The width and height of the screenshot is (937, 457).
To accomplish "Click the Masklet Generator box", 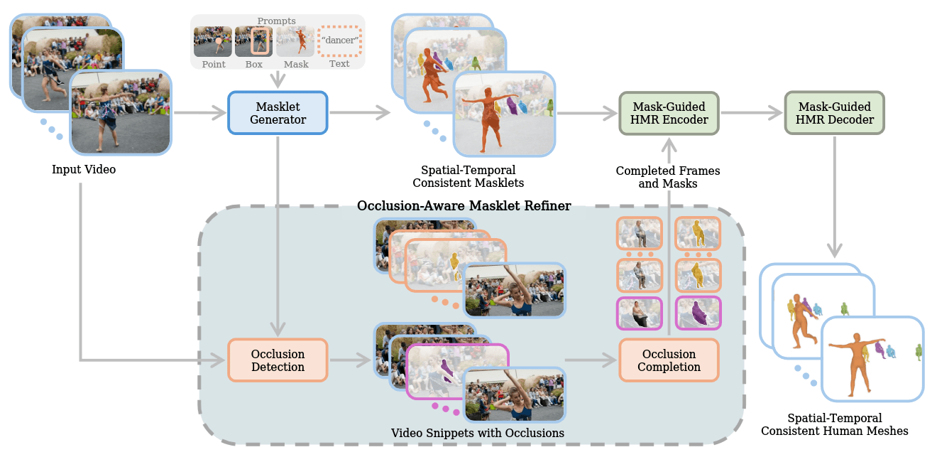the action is click(x=278, y=113).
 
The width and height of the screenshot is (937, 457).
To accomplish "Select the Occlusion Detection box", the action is click(x=278, y=360).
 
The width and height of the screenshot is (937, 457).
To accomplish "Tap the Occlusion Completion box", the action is click(x=669, y=360).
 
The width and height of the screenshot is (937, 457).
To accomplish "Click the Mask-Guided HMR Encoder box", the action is click(x=669, y=113).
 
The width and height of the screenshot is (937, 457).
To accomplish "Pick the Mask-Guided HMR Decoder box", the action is click(x=835, y=113).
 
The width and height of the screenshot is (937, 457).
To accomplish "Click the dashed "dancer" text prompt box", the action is click(x=339, y=41).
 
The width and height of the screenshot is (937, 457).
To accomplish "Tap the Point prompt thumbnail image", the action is click(x=212, y=41).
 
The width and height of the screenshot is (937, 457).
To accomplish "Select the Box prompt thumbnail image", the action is click(x=253, y=41).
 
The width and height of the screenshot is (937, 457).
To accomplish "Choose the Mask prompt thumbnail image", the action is click(x=295, y=41).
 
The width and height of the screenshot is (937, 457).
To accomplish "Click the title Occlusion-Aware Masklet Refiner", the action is click(x=464, y=205).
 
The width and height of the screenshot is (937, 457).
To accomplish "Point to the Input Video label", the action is click(x=84, y=169).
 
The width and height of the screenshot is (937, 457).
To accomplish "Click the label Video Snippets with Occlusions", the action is click(x=477, y=433).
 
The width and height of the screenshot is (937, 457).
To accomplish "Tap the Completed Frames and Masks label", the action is click(x=668, y=177).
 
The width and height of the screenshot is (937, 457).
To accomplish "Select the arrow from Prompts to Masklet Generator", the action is click(x=278, y=79).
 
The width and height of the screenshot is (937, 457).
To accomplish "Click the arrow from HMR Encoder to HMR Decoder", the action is click(x=752, y=113).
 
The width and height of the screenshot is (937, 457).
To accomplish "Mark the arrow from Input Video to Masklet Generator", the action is click(x=200, y=113).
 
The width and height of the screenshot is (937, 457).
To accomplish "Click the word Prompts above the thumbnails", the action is click(x=277, y=21).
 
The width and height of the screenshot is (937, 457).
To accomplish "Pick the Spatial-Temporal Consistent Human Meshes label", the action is click(x=835, y=424).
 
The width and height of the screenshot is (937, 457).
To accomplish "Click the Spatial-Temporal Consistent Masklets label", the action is click(x=468, y=176).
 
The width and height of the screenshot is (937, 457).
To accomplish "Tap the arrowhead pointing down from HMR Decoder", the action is click(x=835, y=250).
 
